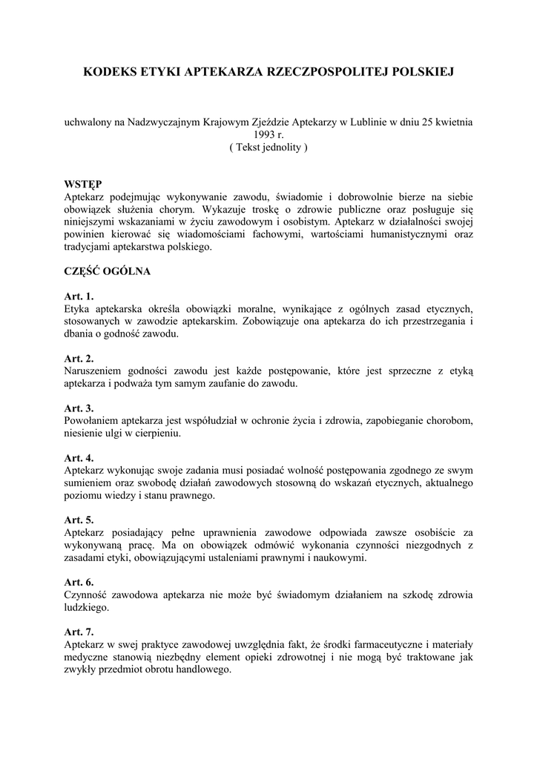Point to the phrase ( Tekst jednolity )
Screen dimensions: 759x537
click(268, 148)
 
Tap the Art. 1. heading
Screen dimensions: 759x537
click(79, 296)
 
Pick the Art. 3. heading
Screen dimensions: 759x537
click(79, 408)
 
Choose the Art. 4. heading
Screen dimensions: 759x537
click(79, 458)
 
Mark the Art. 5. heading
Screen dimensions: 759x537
click(79, 520)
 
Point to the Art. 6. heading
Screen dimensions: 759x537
click(79, 583)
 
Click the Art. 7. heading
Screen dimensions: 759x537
click(79, 632)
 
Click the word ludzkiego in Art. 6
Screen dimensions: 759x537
click(86, 608)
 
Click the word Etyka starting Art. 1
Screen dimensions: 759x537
click(77, 309)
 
